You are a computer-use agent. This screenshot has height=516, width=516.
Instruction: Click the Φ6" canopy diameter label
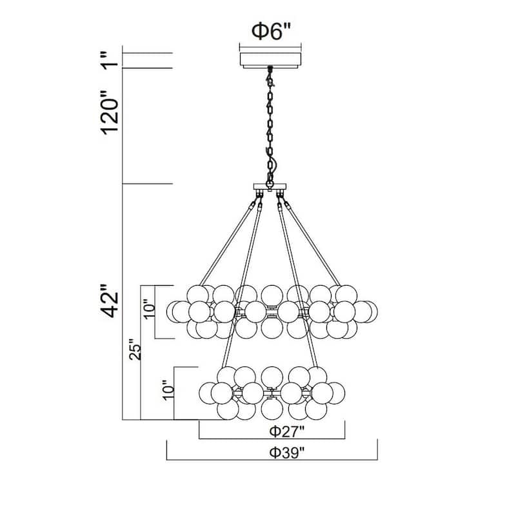pos(272,32)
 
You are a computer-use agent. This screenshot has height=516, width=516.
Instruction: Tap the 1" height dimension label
pos(110,61)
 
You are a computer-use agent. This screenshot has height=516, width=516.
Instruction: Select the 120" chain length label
pos(110,113)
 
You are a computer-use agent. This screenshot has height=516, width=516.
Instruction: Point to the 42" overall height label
pos(110,301)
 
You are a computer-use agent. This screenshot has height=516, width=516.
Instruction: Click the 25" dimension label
pos(135,349)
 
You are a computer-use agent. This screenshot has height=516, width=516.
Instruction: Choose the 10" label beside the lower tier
pos(168,390)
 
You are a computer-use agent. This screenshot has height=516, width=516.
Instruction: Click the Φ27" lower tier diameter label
pos(287,431)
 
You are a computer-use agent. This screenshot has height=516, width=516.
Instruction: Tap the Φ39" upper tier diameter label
pos(287,453)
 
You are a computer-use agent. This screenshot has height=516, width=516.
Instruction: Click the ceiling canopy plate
pos(270,60)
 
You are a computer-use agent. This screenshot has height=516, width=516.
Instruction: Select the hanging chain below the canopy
pos(270,126)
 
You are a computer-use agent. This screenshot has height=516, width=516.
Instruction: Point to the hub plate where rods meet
pos(270,186)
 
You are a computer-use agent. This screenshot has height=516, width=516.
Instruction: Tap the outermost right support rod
pos(312,244)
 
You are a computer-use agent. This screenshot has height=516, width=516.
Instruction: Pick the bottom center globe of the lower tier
pos(272,409)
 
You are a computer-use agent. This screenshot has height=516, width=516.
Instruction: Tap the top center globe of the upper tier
pos(272,295)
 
